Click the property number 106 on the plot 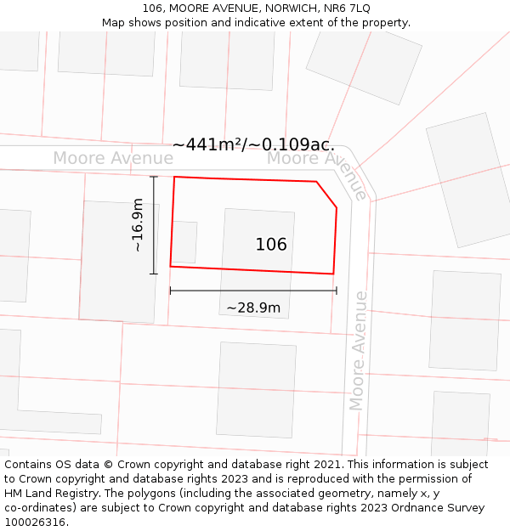271,245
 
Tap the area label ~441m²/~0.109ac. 253,145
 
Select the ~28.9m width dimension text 253,308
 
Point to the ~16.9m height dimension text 138,225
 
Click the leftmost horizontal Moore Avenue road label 101,158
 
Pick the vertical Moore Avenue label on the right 360,350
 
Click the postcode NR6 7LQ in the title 348,8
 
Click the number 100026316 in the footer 37,522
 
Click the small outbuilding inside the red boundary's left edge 185,242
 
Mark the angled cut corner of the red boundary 327,194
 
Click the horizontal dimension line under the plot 253,291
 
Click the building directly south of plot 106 256,389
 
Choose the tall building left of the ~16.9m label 118,262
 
